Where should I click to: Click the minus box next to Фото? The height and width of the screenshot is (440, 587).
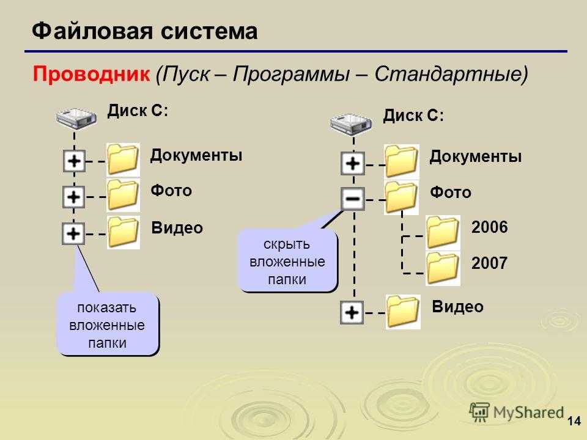point(353,199)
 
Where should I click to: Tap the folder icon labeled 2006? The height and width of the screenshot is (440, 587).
point(443,232)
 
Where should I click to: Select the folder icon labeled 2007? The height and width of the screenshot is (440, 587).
point(443,268)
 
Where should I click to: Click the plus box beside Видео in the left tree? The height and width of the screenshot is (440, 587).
point(73,233)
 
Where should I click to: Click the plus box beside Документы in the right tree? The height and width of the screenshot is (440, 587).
point(353,163)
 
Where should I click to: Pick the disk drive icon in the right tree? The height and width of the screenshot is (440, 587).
point(351,124)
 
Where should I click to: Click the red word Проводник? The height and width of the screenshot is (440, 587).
point(91,74)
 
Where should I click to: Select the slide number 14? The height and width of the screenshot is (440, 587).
point(574,421)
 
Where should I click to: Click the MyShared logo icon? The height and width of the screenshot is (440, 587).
point(479,413)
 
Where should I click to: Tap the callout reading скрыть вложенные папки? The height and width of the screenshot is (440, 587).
point(287,261)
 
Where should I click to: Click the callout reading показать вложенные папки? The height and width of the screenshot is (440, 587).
point(108,324)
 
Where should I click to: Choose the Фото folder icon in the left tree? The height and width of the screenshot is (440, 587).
point(123,195)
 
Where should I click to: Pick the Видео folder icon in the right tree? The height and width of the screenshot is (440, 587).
point(403,312)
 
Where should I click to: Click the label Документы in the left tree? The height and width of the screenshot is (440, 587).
point(196,155)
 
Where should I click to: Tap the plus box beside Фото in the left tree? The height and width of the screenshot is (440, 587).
point(73,197)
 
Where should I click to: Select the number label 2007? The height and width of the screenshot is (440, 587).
point(489,263)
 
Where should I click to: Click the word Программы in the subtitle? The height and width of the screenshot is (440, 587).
point(291,74)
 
